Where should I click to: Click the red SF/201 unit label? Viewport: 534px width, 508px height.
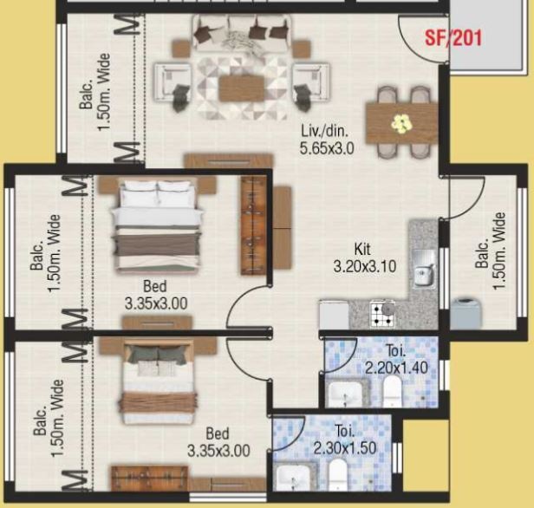coord(453,38)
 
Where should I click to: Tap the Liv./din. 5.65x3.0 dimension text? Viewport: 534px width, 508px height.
coord(327,140)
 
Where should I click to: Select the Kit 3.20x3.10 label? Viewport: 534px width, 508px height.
coord(365,257)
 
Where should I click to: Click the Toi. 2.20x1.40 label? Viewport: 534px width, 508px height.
coord(396,359)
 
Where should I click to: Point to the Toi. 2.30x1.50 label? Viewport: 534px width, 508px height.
coord(345,440)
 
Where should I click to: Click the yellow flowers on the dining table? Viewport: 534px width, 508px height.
coord(401,123)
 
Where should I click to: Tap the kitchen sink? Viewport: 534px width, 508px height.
coord(424,269)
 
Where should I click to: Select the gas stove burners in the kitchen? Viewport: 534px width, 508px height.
coord(383,315)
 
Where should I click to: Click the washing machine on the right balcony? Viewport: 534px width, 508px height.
coord(466,313)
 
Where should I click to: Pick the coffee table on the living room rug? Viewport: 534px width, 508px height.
coord(242,88)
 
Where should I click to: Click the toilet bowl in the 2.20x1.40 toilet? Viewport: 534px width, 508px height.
coord(393,392)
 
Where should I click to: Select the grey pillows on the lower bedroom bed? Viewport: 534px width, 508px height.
coord(159,355)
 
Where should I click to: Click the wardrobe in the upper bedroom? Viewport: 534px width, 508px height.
coord(254,225)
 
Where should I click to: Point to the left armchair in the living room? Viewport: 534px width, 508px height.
coord(173,82)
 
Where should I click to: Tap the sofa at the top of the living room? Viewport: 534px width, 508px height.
coord(242,33)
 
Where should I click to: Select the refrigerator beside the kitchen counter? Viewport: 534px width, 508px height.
coord(334,315)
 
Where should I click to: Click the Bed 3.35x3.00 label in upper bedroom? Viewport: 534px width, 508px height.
coord(156,295)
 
